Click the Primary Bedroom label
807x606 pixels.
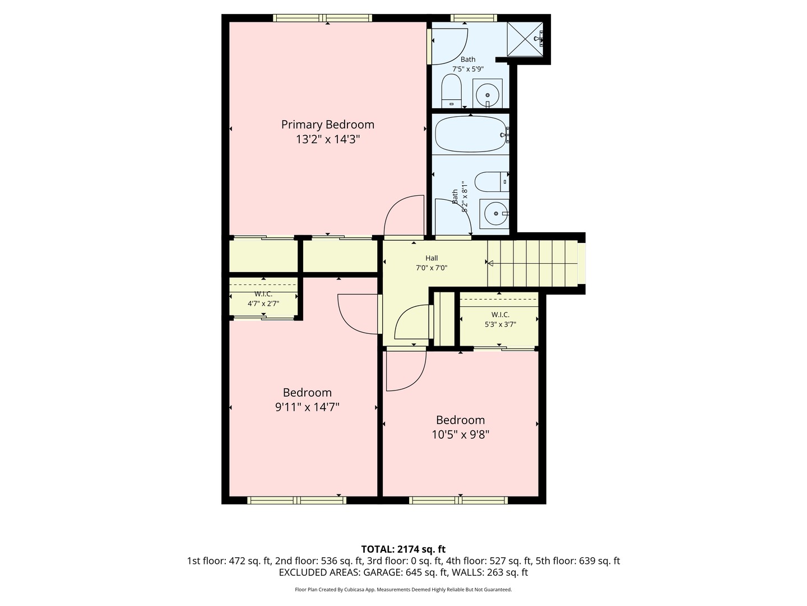coord(327,125)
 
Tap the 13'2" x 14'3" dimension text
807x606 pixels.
coord(327,139)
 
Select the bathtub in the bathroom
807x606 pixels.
coord(471,134)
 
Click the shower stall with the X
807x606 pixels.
coord(525,39)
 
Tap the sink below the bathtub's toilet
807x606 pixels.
coord(495,213)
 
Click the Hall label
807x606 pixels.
coord(432,258)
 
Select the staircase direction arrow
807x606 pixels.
coord(490,263)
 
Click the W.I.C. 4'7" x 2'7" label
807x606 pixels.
coord(263,299)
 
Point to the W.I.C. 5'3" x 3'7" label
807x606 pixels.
coord(500,319)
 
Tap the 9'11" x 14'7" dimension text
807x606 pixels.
coord(307,407)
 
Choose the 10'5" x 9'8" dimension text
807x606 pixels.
coord(461,434)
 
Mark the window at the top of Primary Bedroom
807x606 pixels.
coord(322,18)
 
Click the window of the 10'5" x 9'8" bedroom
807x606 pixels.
coord(459,500)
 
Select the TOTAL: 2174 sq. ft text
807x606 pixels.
coord(403,549)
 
